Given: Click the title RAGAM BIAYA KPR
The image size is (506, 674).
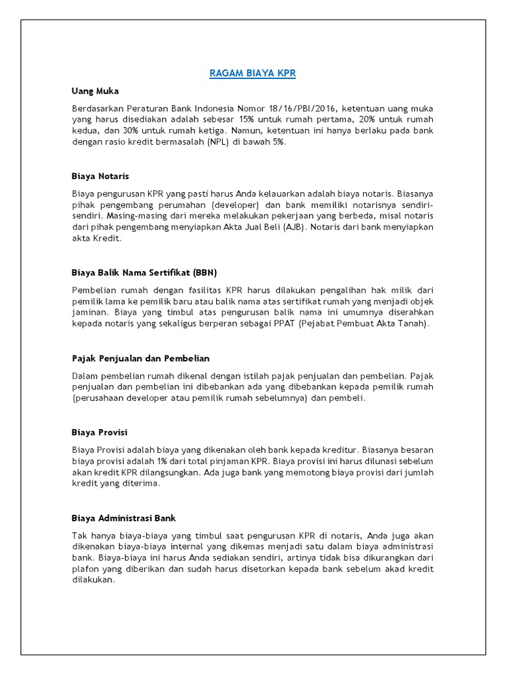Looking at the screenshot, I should click(x=252, y=74).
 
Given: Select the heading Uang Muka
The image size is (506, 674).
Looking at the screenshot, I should click(x=95, y=91).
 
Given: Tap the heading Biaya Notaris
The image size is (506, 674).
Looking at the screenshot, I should click(x=100, y=176).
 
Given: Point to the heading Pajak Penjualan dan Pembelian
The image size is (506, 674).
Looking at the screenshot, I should click(x=140, y=358).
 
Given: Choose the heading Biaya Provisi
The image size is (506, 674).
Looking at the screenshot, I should click(x=99, y=432).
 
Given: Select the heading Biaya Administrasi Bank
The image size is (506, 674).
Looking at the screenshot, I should click(x=123, y=518).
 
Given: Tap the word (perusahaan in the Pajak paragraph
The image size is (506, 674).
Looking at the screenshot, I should click(x=99, y=398).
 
